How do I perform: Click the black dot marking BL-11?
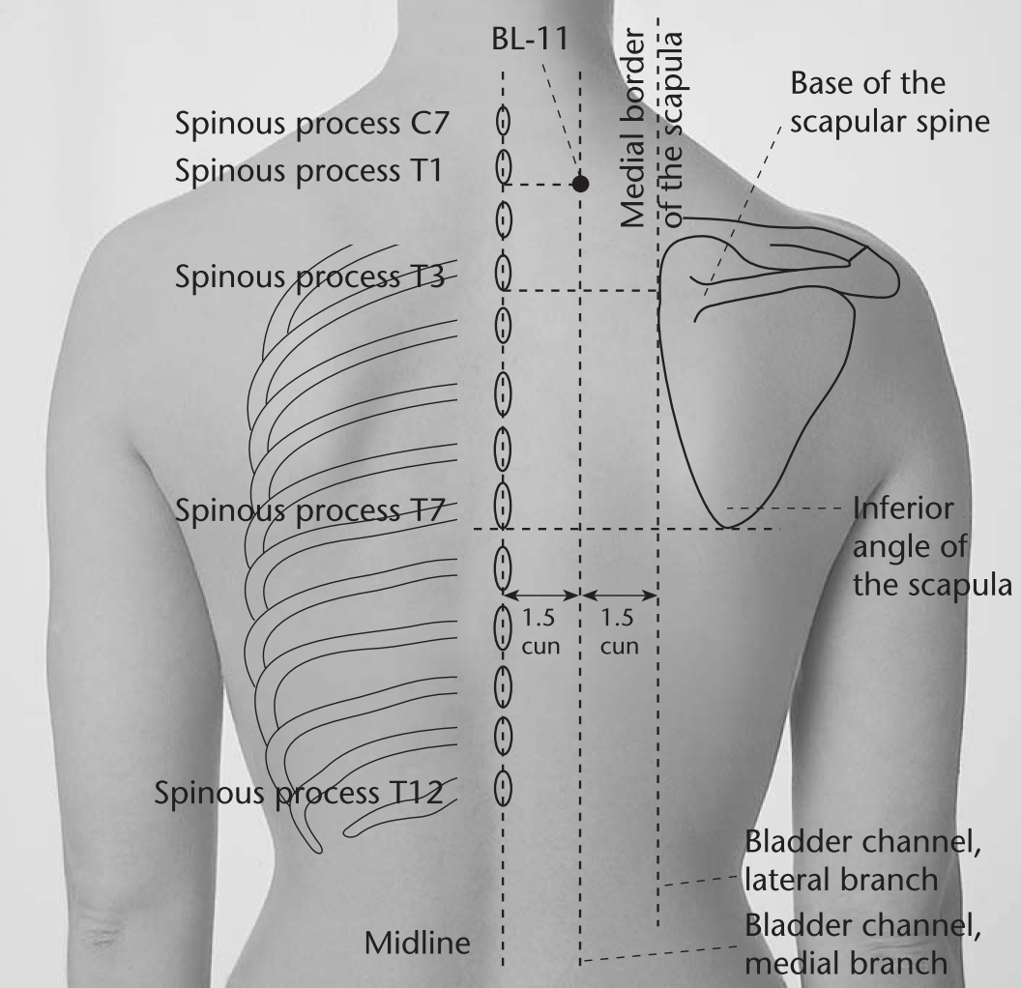click(x=580, y=184)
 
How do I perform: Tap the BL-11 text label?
click(x=530, y=39)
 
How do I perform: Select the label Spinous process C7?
click(x=312, y=123)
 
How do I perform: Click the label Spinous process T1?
click(x=308, y=170)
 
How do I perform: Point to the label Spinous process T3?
click(x=310, y=276)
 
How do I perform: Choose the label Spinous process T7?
click(x=310, y=510)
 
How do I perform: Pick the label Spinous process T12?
click(x=299, y=793)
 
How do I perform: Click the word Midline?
click(x=418, y=944)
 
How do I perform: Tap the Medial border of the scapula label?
click(x=652, y=129)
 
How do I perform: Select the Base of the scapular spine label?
click(x=890, y=102)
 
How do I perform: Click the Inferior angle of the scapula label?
click(x=932, y=547)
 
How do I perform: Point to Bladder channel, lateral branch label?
click(x=862, y=861)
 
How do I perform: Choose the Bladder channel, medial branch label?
click(x=862, y=944)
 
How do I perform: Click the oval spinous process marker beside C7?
click(x=503, y=122)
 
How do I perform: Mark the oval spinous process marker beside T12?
click(x=503, y=788)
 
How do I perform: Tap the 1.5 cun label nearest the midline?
click(x=540, y=631)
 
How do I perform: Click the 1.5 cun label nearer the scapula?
click(x=618, y=631)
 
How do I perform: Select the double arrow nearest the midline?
click(x=541, y=595)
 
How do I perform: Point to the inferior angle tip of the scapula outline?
click(x=728, y=527)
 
